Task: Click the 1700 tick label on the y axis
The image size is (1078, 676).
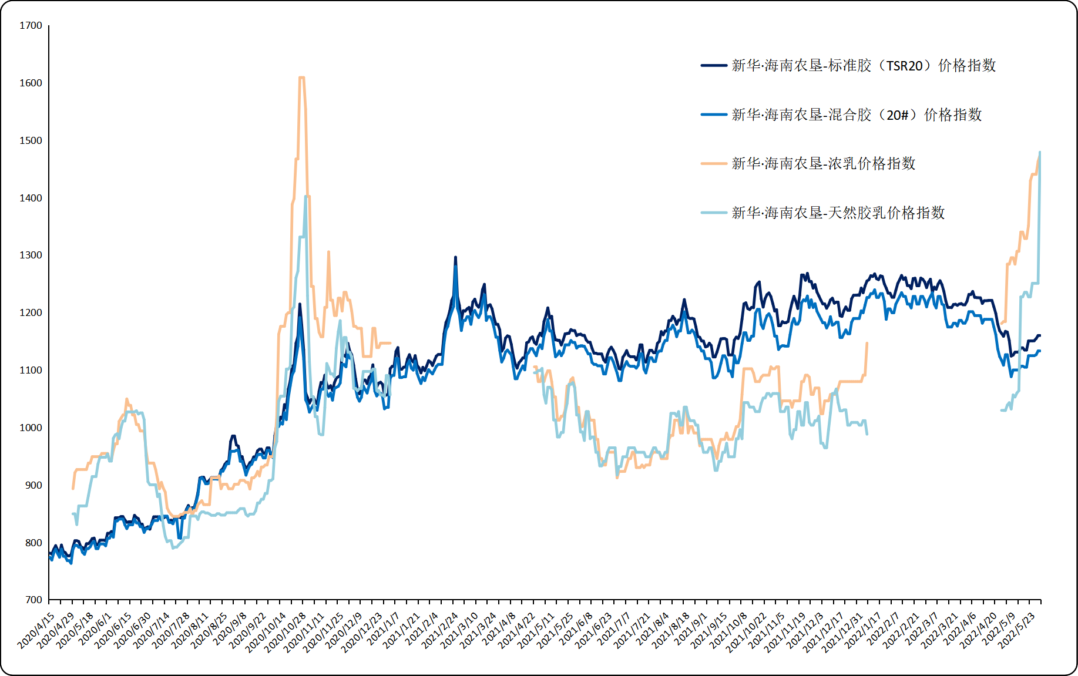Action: [31, 26]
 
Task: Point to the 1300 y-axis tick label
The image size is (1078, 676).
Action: [31, 255]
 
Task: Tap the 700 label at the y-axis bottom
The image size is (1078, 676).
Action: [33, 600]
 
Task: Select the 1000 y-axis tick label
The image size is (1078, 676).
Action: [31, 428]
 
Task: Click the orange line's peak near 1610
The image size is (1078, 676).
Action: [301, 78]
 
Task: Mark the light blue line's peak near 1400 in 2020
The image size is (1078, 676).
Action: [306, 197]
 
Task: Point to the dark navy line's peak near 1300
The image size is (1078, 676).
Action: [455, 257]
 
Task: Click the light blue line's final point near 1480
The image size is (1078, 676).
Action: [1040, 153]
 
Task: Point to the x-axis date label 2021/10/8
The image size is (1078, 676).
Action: [729, 631]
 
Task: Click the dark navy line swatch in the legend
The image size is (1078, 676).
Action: [714, 66]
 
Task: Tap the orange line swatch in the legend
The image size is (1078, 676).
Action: [714, 164]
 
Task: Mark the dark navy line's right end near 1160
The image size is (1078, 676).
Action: [1040, 336]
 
